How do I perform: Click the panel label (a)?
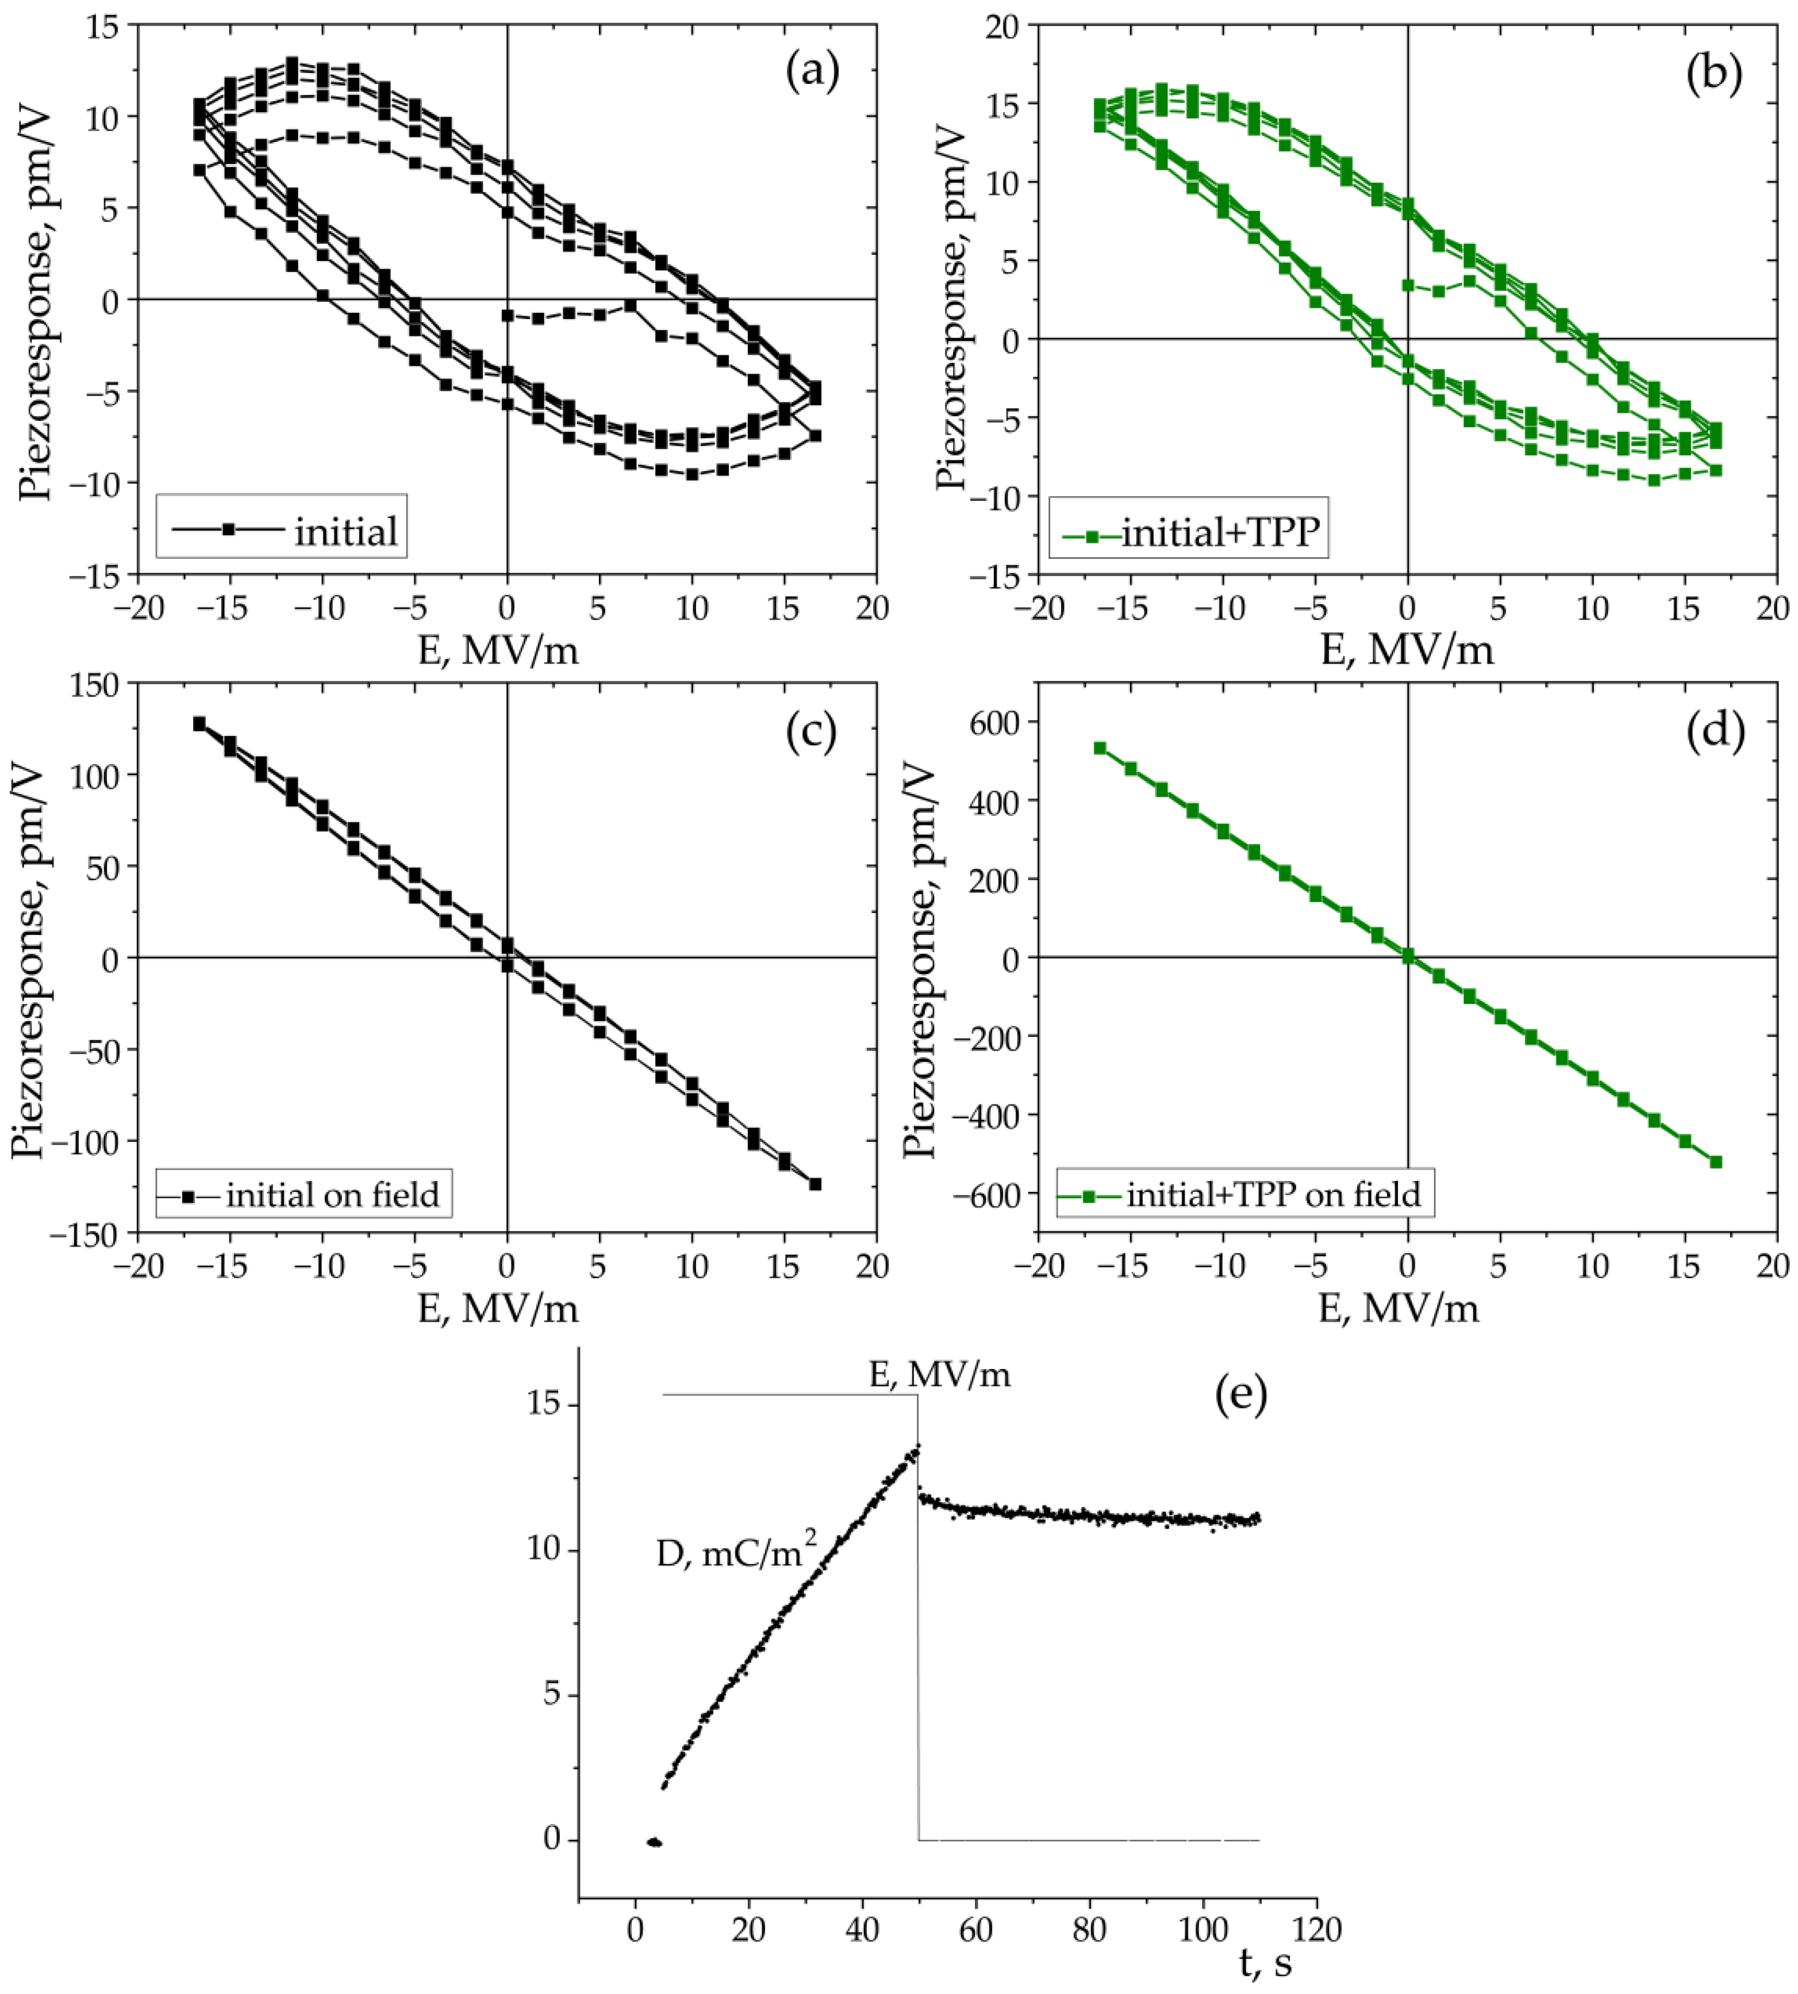(812, 73)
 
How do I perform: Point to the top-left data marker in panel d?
(1100, 748)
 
